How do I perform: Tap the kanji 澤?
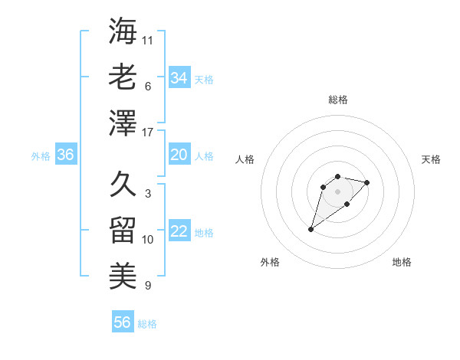pos(123,123)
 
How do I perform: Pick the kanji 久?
pos(123,185)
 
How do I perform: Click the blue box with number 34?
pos(179,78)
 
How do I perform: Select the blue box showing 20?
pos(179,155)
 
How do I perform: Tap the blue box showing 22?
pos(179,231)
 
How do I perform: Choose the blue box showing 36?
pos(65,155)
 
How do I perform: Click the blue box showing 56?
pos(123,322)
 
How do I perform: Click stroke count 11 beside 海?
pos(149,40)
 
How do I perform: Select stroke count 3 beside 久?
pos(148,194)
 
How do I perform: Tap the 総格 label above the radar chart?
pos(337,100)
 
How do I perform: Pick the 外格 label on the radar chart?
pos(270,262)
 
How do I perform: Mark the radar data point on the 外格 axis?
pos(310,229)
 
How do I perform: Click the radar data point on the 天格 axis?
pos(367,182)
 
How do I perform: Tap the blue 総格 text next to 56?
pos(147,324)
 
